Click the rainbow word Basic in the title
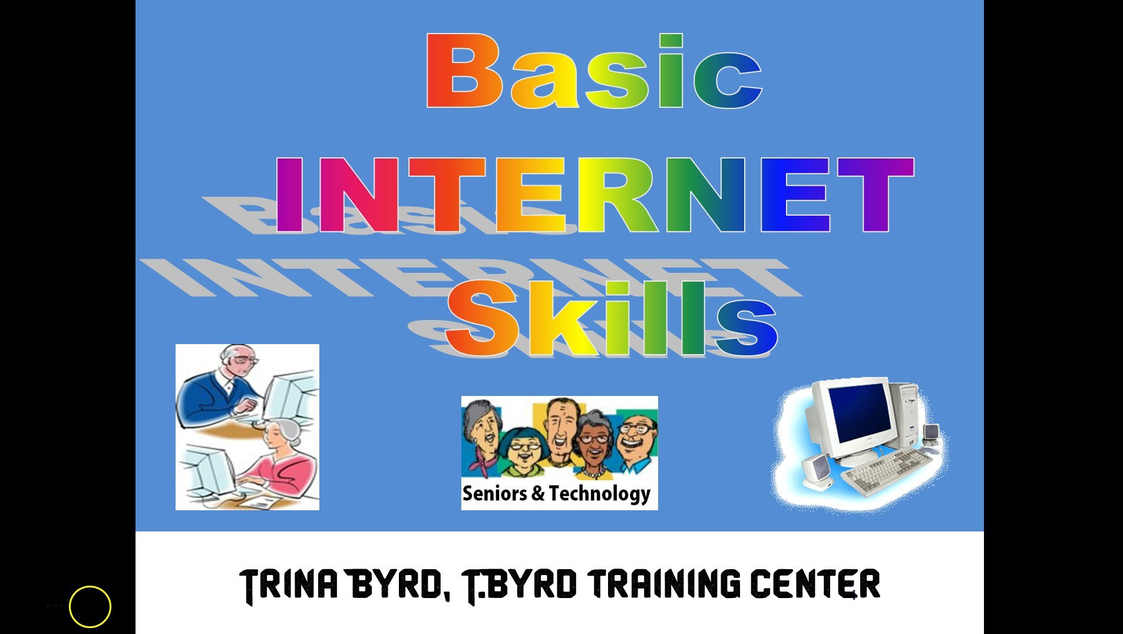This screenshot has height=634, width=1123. coord(593,72)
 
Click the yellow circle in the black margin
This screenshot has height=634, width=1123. coord(90,606)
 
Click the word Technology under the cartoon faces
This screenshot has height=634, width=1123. coord(599,494)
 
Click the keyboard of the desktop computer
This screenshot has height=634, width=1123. coord(887,471)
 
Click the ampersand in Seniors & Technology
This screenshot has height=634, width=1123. coord(537,493)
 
